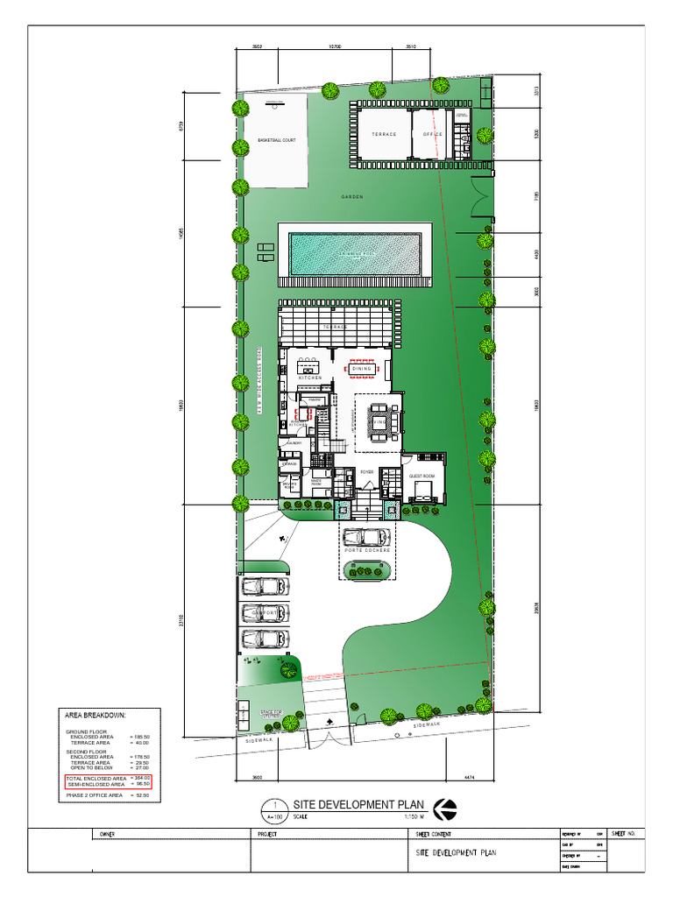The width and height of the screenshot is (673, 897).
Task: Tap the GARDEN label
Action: coord(352,197)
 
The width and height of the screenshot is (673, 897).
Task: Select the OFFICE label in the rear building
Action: coord(433,135)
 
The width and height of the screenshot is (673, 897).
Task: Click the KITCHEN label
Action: coord(310,378)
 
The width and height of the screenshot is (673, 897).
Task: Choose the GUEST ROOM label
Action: coord(422,476)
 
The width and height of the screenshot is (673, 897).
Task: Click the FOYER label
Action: coord(367,471)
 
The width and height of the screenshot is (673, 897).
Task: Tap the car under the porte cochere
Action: coord(366,536)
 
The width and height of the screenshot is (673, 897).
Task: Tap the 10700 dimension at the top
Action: coord(335,46)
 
